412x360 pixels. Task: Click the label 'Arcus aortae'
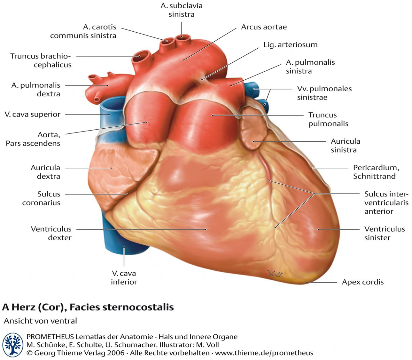click(x=264, y=27)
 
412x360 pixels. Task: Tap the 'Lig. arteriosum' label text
click(x=291, y=45)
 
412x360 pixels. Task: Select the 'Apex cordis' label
click(x=363, y=282)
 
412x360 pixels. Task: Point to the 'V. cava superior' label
click(x=32, y=115)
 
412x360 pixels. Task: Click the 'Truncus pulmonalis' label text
click(x=328, y=119)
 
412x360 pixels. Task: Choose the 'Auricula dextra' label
click(x=45, y=172)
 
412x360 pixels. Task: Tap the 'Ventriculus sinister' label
click(x=385, y=233)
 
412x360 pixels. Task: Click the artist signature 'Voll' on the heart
click(x=275, y=274)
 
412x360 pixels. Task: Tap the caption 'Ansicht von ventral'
click(x=41, y=321)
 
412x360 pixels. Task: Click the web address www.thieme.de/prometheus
click(x=264, y=353)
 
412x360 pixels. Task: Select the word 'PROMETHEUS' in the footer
click(x=50, y=337)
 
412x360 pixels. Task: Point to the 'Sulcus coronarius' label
click(x=41, y=198)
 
